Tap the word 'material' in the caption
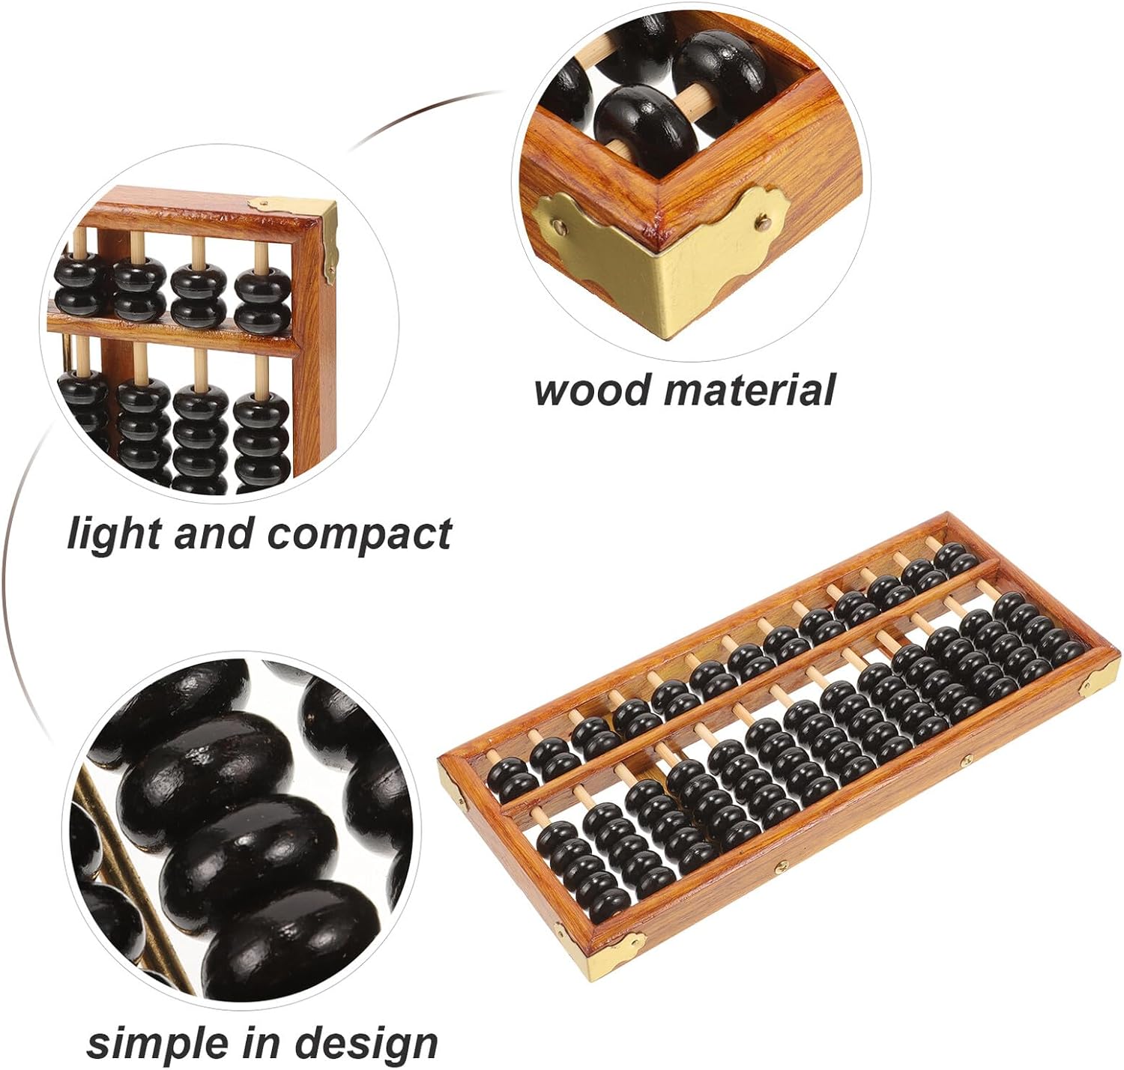click(749, 390)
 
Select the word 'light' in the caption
click(112, 534)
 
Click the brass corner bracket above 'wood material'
click(659, 255)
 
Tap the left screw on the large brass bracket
click(561, 223)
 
